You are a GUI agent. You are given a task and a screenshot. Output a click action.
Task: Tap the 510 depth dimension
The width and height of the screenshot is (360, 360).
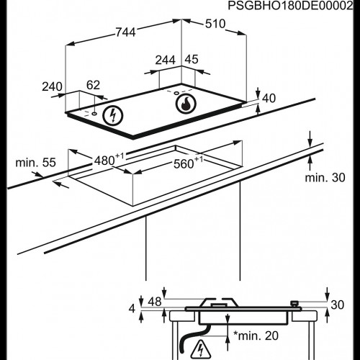(215, 24)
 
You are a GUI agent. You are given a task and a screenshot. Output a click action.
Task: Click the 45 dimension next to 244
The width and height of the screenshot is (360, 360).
(191, 60)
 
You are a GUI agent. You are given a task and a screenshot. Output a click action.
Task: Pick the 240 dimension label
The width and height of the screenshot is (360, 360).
(53, 86)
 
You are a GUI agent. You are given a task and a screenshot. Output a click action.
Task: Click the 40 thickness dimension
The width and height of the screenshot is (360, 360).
(269, 98)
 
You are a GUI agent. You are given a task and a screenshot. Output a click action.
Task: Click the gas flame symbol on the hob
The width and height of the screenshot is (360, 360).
(186, 104)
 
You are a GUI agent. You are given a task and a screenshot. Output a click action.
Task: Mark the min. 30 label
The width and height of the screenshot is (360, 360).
(322, 177)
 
